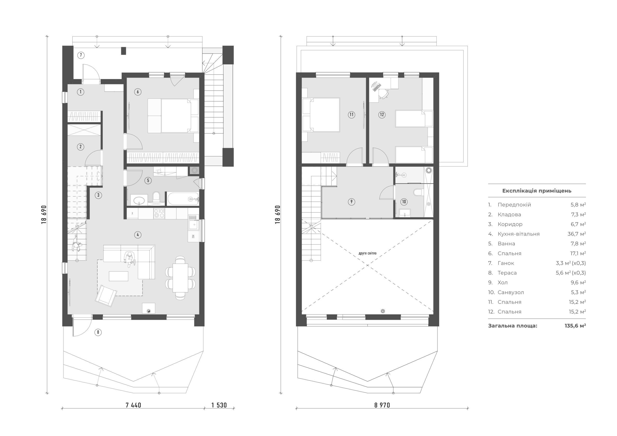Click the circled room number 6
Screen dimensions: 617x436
138,92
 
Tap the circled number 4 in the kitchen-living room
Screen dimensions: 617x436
138,235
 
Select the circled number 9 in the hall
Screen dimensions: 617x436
351,202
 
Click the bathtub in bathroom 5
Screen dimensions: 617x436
183,199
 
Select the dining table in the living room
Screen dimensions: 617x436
180,278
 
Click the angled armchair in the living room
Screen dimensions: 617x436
106,295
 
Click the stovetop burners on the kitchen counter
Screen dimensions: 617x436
159,213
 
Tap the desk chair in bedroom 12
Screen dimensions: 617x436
383,94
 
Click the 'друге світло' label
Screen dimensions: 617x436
367,253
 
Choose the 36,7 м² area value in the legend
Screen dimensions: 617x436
577,234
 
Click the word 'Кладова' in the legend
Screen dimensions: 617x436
509,214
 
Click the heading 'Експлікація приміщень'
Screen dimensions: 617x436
537,191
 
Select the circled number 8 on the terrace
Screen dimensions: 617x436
98,332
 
